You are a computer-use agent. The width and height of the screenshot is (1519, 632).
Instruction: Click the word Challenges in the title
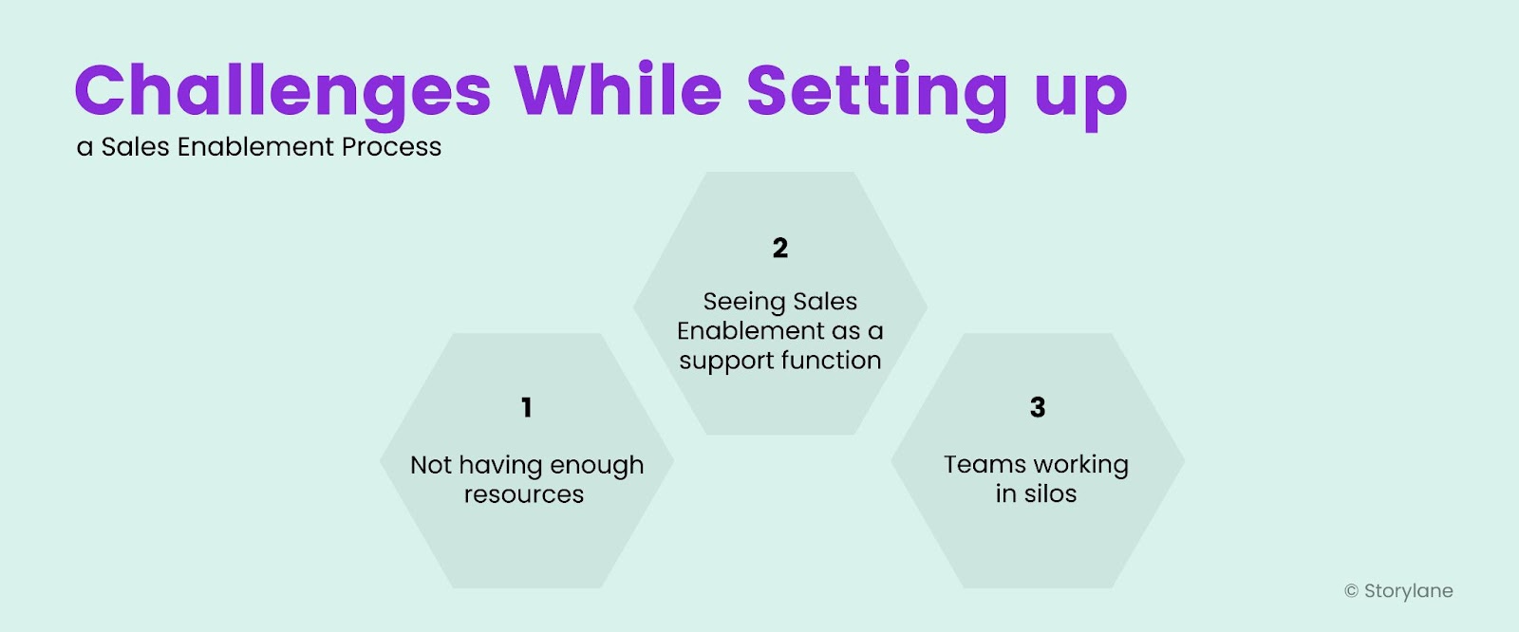tap(282, 91)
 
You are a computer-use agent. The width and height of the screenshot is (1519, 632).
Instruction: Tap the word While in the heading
tap(618, 91)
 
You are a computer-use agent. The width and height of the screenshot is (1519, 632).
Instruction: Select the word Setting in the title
tap(877, 93)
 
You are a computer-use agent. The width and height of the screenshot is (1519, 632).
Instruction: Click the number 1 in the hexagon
tap(527, 408)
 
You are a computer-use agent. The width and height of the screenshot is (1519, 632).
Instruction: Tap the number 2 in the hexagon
tap(780, 249)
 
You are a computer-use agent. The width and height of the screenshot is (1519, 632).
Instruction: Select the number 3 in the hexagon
tap(1038, 408)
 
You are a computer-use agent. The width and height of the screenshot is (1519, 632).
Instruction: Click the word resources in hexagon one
tap(524, 494)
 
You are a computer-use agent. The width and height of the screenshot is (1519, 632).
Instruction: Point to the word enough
tap(596, 466)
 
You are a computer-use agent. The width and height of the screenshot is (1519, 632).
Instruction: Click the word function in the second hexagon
tap(831, 361)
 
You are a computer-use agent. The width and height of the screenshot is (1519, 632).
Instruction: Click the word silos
tap(1050, 493)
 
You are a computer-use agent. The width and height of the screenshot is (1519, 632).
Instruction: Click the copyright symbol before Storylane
tap(1351, 591)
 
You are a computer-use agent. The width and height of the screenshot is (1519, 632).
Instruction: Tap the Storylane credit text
tap(1408, 591)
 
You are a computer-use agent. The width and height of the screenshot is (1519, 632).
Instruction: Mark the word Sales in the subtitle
tap(136, 147)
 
